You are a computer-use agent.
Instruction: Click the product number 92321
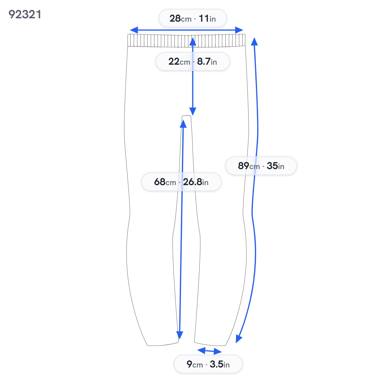click(25, 15)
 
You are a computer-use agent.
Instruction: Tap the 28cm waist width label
click(193, 18)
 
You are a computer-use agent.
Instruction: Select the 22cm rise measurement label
click(193, 61)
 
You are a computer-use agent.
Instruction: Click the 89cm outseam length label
click(261, 166)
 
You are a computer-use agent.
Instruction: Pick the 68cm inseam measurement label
click(181, 182)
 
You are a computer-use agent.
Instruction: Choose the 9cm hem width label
click(208, 364)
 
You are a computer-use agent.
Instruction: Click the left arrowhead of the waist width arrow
click(134, 30)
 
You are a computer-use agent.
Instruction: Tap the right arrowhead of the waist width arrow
click(239, 30)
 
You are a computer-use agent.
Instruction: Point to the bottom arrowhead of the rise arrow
click(193, 112)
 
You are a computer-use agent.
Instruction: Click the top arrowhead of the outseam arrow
click(254, 41)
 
